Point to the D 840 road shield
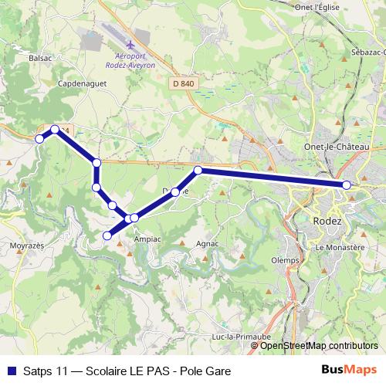183,83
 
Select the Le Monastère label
340,247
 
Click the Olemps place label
285,260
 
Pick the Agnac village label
208,244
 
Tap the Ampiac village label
147,239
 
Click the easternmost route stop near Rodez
347,185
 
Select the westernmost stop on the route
39,139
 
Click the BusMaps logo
349,369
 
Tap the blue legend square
10,370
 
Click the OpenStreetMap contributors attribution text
319,346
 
